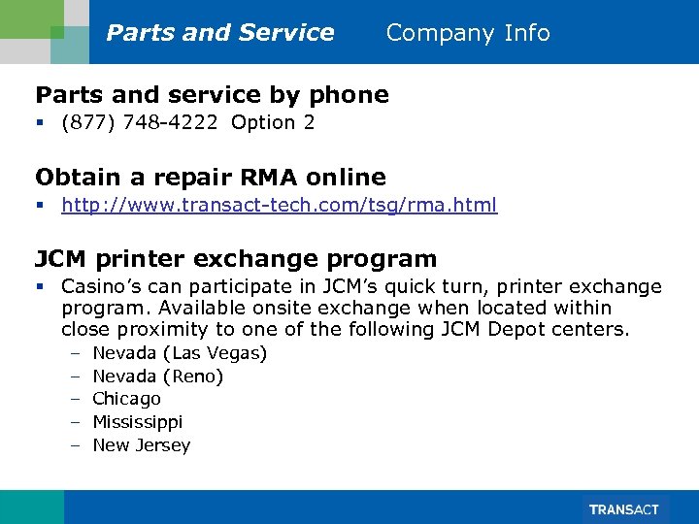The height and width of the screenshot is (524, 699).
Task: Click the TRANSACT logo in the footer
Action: click(x=622, y=509)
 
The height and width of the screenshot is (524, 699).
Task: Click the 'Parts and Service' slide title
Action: click(x=220, y=33)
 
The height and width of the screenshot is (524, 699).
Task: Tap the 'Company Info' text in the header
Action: click(x=468, y=33)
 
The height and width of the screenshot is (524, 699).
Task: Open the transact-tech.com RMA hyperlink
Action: click(x=279, y=205)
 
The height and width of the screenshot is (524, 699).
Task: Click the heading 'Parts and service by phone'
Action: click(x=212, y=94)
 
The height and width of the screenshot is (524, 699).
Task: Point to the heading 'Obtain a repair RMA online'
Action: click(x=211, y=177)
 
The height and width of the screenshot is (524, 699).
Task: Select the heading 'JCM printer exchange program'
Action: click(x=236, y=259)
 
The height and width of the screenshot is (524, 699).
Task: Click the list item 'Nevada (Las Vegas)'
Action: click(x=180, y=353)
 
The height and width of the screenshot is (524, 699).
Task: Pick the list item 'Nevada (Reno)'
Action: click(x=158, y=376)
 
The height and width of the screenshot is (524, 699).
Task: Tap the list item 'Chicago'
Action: click(x=127, y=399)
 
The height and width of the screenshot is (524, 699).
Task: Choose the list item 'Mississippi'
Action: click(x=138, y=422)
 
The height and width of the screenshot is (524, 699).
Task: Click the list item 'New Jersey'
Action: click(x=142, y=445)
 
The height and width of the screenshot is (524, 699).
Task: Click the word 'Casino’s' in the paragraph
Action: click(x=98, y=287)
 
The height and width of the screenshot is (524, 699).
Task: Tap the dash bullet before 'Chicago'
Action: click(x=75, y=399)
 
